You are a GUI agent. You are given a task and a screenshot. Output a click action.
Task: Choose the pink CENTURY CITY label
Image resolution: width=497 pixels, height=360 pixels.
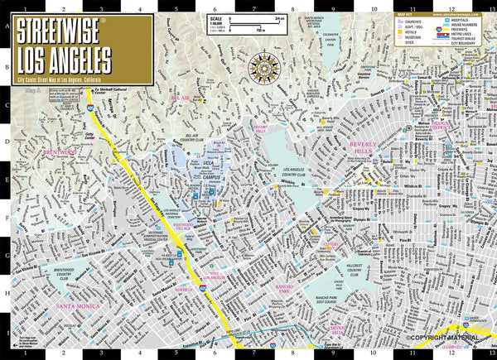pyautogui.click(x=331, y=247)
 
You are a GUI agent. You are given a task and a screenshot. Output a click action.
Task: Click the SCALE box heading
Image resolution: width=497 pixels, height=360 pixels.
pyautogui.click(x=215, y=17)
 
